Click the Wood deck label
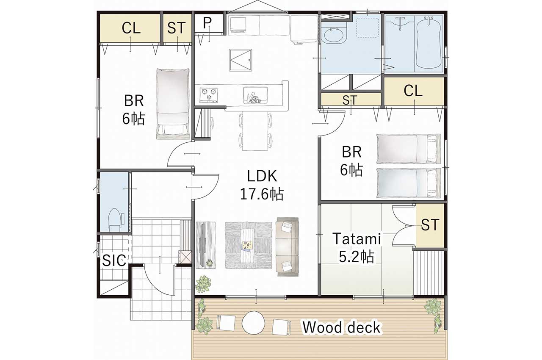341,327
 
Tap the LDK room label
262,176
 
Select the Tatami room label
357,238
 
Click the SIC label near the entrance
114,260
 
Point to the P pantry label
207,23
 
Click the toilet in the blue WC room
116,220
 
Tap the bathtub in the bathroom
429,43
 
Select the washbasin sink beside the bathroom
334,36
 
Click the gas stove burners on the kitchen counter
209,95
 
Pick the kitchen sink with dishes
255,94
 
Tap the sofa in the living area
287,246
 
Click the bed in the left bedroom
173,103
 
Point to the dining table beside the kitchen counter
255,131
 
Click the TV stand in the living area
206,245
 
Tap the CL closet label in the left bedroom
131,28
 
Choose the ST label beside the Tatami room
430,225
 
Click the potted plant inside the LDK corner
203,283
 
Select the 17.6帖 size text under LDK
262,194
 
